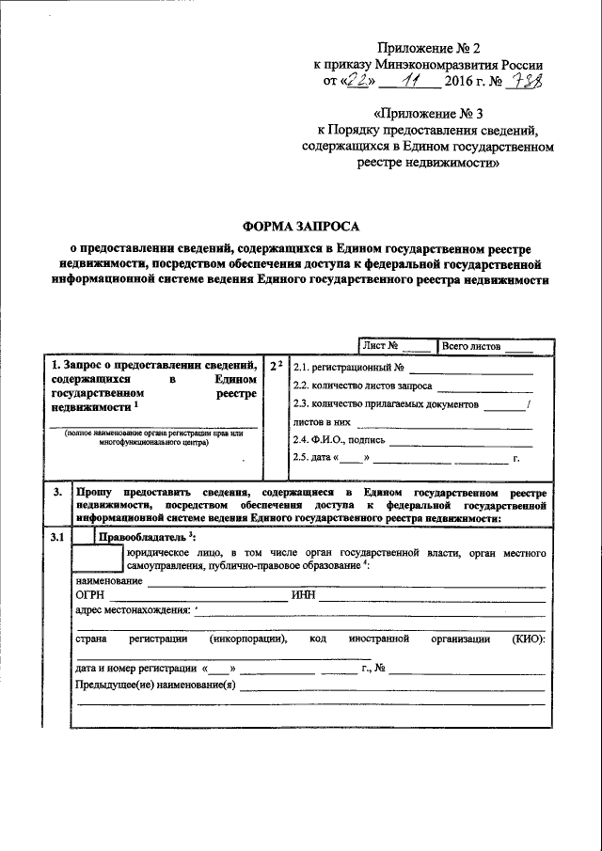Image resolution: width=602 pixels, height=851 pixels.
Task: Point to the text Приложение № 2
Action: [427, 47]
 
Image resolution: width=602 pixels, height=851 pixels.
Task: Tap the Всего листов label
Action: [471, 345]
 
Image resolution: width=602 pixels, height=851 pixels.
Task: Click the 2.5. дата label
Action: [313, 458]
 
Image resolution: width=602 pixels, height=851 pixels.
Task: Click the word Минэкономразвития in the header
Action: [424, 65]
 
